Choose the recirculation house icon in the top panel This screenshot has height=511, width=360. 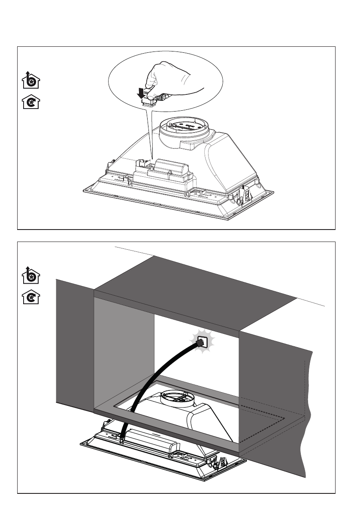[30, 103]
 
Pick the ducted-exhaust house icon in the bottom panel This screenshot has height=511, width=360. [30, 275]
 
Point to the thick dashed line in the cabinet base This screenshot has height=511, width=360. [262, 429]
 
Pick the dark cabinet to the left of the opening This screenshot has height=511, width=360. [75, 343]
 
